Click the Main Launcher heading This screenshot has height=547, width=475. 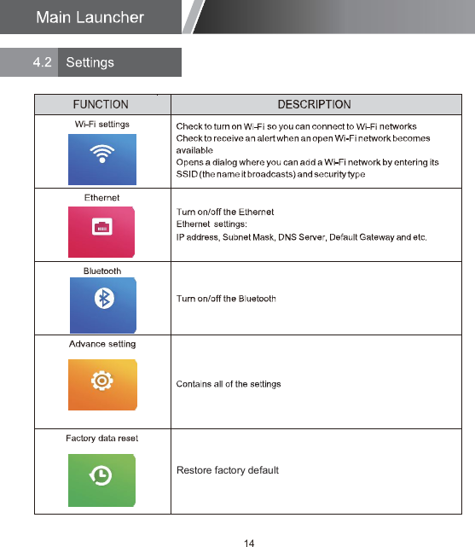coord(90,17)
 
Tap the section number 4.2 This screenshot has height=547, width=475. coord(42,62)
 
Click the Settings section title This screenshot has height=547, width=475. coord(90,62)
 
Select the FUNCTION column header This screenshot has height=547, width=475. coord(101,105)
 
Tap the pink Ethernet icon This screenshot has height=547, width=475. coord(102,230)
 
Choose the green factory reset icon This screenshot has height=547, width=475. coord(102,475)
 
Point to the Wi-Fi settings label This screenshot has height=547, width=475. coord(101,124)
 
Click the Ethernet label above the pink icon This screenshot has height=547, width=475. coord(101,197)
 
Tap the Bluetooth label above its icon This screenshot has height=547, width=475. coord(101,271)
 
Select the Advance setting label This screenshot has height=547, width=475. coord(101,344)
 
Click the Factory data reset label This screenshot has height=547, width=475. coord(101,438)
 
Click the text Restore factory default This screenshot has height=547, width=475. coord(227,470)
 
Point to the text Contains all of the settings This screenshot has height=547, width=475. coord(228,384)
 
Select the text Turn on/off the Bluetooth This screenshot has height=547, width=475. coord(226,299)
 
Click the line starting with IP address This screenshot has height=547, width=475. coord(300,236)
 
